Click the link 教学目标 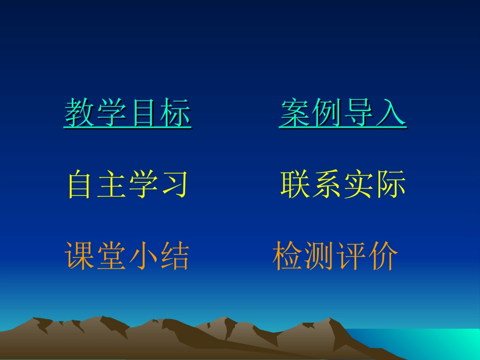click(128, 113)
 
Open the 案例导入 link click(343, 113)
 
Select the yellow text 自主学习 click(128, 185)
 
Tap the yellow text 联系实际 click(343, 185)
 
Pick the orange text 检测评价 click(335, 256)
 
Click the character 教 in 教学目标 click(80, 113)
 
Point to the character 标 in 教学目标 click(176, 113)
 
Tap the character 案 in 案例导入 click(295, 113)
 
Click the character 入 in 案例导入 click(391, 113)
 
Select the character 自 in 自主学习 click(81, 185)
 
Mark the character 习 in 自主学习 click(175, 185)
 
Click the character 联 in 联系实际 click(296, 185)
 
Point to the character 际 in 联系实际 click(391, 185)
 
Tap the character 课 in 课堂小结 click(80, 256)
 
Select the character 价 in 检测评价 click(383, 256)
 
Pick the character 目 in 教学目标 click(144, 113)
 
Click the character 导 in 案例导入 click(359, 113)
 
